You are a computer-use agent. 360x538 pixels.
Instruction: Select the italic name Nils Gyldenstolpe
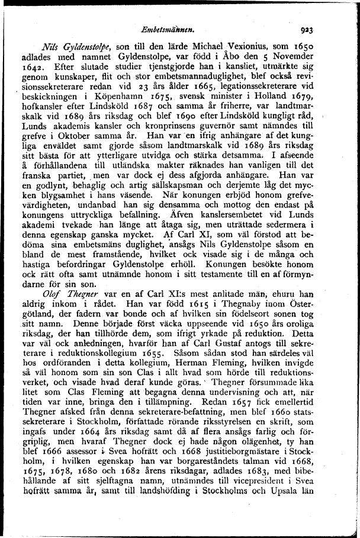pos(73,47)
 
